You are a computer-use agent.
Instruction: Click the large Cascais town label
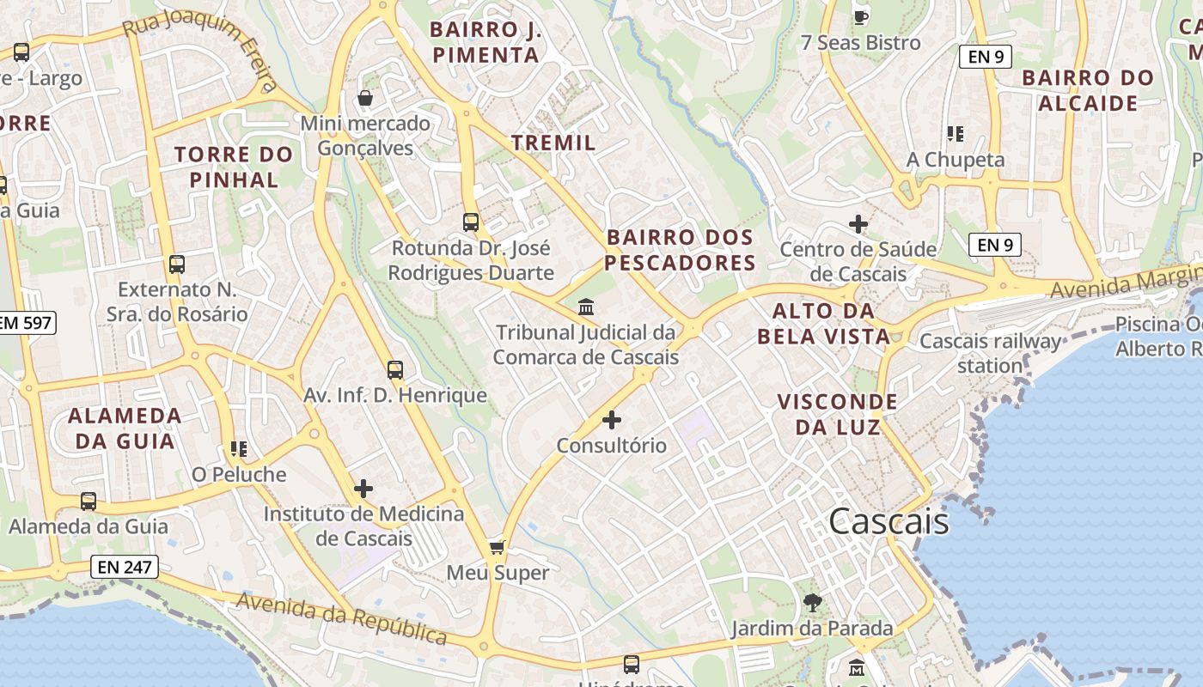[889, 521]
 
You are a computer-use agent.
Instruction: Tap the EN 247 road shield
[124, 567]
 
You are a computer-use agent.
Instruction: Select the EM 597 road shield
[26, 323]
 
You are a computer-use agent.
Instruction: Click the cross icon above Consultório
[612, 420]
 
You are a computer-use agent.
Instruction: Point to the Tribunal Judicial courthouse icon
[586, 307]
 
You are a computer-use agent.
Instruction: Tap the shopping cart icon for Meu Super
[497, 547]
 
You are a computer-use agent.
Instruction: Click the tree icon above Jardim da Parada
[812, 603]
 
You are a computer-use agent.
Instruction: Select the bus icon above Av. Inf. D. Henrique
[395, 370]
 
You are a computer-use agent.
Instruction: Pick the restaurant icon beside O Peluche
[238, 448]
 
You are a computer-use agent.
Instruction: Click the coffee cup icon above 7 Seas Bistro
[860, 16]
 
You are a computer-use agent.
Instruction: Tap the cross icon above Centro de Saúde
[858, 224]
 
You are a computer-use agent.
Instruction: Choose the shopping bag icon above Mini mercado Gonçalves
[365, 98]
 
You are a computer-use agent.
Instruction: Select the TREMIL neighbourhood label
[553, 143]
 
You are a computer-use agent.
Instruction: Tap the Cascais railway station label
[990, 353]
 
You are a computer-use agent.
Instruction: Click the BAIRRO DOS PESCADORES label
[679, 250]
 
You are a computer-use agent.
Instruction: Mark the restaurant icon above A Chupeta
[955, 134]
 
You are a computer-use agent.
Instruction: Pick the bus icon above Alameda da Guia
[89, 502]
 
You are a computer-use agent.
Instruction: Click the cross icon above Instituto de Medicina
[363, 489]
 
